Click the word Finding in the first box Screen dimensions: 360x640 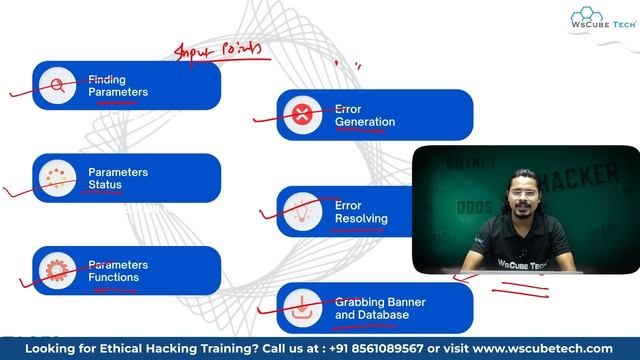(x=107, y=78)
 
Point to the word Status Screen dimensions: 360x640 (x=106, y=185)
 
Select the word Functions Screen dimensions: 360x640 (x=114, y=277)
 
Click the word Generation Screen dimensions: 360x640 (x=365, y=122)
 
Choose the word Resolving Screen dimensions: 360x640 (x=361, y=218)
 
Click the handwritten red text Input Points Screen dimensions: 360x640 (x=219, y=49)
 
